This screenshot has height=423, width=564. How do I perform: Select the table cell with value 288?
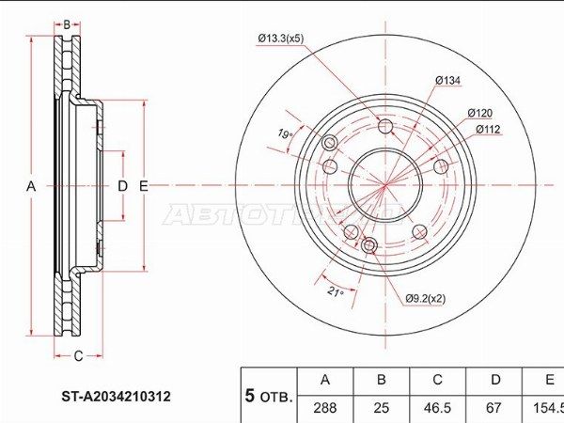324,408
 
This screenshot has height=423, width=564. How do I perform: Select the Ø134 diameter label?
447,81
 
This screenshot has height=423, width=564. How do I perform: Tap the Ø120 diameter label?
479,113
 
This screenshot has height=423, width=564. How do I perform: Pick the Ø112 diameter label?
487,129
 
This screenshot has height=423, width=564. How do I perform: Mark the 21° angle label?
334,291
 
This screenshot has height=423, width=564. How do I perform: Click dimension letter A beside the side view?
30,187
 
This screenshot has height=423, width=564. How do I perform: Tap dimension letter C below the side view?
78,355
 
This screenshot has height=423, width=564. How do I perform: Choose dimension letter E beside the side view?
143,187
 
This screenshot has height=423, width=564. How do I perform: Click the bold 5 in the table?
250,396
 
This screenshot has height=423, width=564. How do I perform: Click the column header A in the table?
324,381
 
